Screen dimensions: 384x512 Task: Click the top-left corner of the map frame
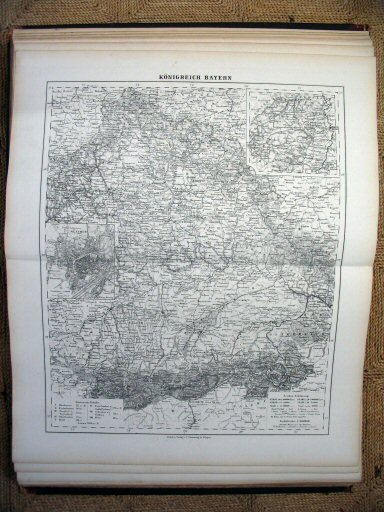tap(45, 87)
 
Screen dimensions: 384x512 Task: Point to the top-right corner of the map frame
tap(341, 87)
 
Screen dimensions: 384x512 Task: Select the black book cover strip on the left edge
tap(11, 250)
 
